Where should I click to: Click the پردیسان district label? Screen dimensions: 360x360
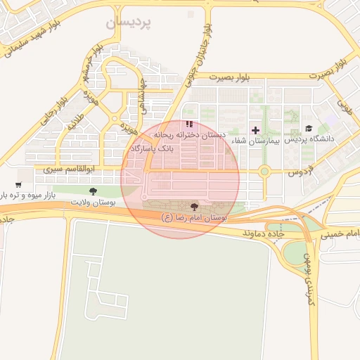(129, 23)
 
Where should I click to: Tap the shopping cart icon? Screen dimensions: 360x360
(18, 185)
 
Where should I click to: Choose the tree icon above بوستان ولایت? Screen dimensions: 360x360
(93, 191)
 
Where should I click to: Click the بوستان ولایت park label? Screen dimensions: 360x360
(92, 202)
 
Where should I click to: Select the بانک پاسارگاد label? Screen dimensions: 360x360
(152, 149)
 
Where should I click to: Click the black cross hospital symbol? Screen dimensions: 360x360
(255, 130)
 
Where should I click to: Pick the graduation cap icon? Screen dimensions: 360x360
(309, 128)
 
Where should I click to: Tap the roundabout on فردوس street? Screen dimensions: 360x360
(264, 171)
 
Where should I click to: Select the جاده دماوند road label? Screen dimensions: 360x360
(262, 231)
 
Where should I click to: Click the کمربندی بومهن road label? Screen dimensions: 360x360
(308, 278)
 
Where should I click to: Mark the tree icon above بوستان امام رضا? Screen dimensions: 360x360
(194, 207)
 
